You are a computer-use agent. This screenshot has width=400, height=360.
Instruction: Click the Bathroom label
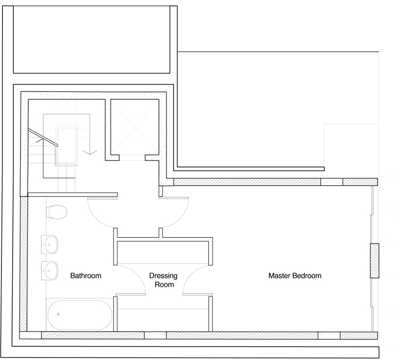86,275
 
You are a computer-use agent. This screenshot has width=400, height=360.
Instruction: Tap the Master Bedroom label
295,275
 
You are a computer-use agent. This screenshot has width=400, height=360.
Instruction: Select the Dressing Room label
163,280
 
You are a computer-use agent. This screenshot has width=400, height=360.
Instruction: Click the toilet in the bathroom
57,212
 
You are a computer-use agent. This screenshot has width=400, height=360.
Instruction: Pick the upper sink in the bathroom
49,245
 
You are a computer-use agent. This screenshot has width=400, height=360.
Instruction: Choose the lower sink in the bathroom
49,270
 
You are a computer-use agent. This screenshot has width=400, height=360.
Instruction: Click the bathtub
80,315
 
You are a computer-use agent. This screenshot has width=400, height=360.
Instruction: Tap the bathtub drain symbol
58,315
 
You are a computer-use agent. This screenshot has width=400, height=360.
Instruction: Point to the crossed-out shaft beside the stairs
134,127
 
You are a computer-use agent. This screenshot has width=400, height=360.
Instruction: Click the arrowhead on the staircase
90,152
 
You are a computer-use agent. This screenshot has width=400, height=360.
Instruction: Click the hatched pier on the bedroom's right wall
375,261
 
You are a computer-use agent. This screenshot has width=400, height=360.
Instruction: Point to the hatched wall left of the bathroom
23,264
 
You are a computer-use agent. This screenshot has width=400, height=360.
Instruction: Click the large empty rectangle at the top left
91,40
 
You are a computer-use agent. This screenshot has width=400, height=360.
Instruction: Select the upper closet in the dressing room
163,252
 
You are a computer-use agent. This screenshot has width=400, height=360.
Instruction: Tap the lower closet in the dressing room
163,320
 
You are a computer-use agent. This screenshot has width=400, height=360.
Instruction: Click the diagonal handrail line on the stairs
43,137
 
